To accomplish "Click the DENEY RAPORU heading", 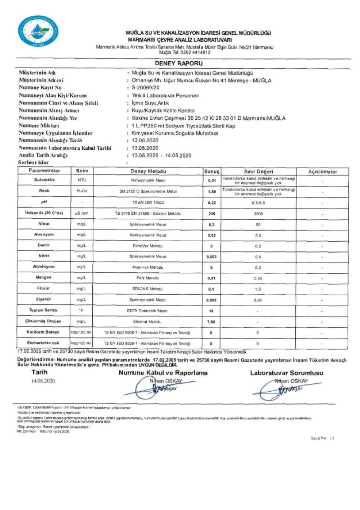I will pyautogui.click(x=179, y=63).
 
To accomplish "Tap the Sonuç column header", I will pyautogui.click(x=211, y=172).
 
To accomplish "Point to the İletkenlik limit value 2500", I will pyautogui.click(x=259, y=213).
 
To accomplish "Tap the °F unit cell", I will pyautogui.click(x=81, y=311).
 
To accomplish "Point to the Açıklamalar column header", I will pyautogui.click(x=322, y=172).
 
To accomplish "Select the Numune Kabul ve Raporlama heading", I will pyautogui.click(x=163, y=373).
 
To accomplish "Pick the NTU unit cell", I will pyautogui.click(x=81, y=180).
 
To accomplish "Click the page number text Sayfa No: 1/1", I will pyautogui.click(x=323, y=438).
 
